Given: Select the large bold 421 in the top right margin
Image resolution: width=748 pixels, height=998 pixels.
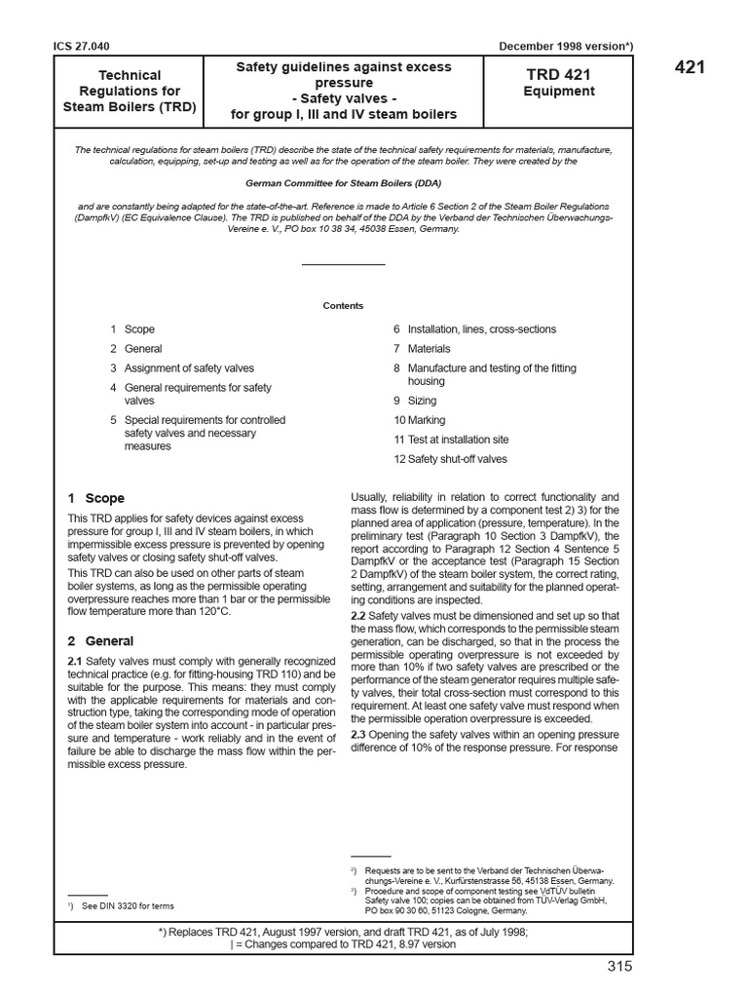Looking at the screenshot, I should (x=688, y=67).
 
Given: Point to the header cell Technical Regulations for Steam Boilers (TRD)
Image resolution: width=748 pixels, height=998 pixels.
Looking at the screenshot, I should (x=130, y=91).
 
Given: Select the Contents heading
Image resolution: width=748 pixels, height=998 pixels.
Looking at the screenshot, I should (x=343, y=305).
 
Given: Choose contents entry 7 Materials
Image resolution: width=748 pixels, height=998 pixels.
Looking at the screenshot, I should (x=422, y=348).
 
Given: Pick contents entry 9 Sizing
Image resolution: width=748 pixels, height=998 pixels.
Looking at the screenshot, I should (x=415, y=401).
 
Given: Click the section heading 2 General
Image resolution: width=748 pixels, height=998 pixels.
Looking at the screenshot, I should (x=100, y=641).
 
